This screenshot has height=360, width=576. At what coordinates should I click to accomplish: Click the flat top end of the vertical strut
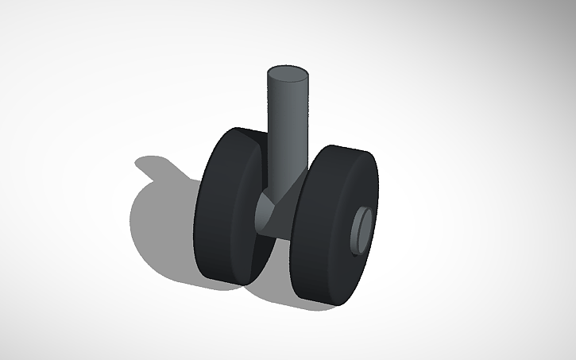(287, 75)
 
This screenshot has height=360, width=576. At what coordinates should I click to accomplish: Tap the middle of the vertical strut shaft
(286, 127)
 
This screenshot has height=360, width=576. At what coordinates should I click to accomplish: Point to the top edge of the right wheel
(342, 148)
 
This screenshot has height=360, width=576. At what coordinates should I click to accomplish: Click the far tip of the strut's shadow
(140, 162)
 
